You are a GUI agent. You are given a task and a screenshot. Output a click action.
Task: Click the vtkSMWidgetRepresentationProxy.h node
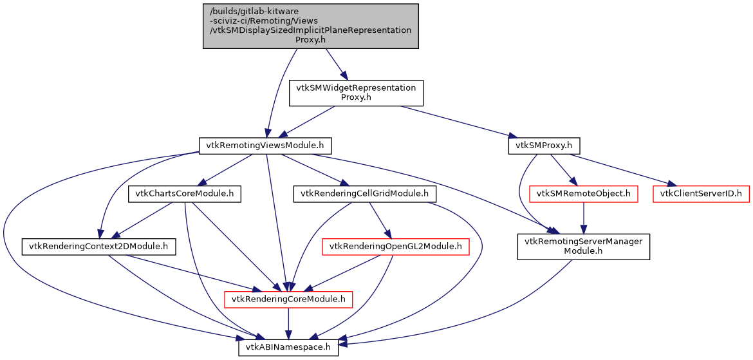[356, 93]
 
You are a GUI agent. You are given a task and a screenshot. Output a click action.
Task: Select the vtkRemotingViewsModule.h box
[265, 146]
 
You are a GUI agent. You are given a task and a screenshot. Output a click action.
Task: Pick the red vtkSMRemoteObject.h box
[583, 193]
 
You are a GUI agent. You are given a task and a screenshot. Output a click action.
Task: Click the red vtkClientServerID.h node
[701, 193]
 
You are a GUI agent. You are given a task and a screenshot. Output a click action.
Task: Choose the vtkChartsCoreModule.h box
[185, 193]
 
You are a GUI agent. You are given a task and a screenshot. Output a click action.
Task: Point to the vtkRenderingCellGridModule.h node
[364, 193]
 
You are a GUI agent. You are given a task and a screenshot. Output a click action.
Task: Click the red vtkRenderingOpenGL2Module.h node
[395, 246]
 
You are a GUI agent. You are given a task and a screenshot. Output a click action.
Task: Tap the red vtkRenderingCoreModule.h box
[288, 299]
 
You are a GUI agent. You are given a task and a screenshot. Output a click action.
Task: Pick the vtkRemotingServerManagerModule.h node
[583, 246]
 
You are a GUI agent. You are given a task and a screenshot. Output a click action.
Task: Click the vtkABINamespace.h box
[288, 347]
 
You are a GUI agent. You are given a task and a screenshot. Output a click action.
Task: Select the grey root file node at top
[311, 26]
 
